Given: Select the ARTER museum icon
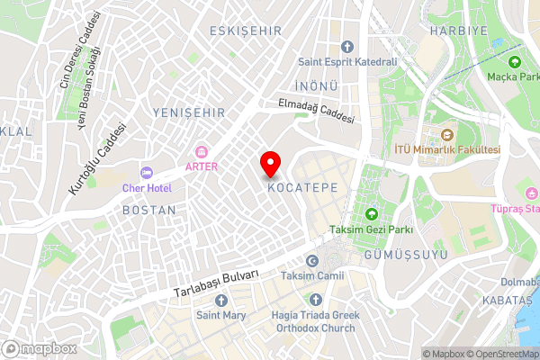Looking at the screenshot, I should [x=202, y=151].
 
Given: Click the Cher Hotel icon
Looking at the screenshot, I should [x=146, y=172].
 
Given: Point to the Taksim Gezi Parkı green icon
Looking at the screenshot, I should [x=371, y=213].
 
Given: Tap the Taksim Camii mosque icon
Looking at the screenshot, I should [x=312, y=259].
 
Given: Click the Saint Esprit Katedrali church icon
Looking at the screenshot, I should [x=347, y=46].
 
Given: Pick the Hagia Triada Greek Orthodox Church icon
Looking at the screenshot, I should [x=315, y=298].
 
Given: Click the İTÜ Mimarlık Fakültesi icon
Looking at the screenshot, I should [x=446, y=134].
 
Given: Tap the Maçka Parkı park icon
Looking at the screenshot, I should [x=514, y=62].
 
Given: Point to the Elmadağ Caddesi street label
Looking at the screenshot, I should [x=317, y=112].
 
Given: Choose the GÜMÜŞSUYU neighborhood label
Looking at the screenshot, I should [x=394, y=256].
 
